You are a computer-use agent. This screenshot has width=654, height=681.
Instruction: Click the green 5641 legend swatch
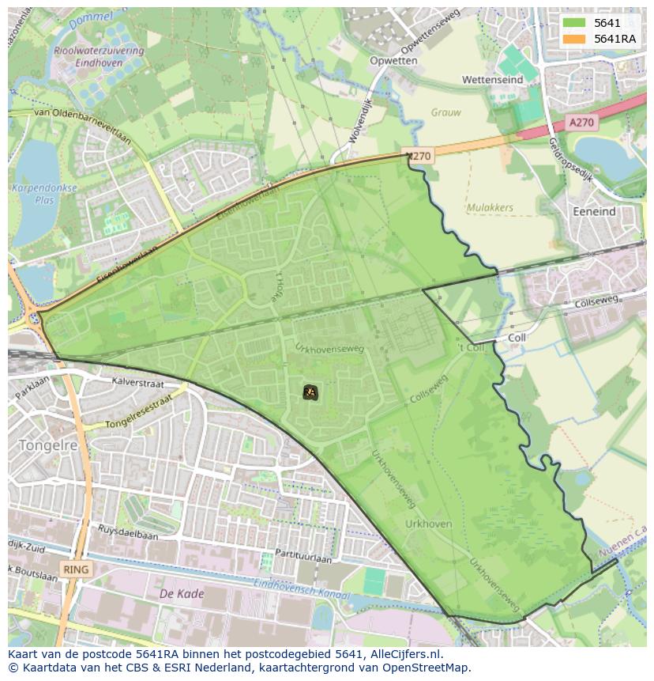pos(573,24)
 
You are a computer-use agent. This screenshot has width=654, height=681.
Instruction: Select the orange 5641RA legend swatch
pos(573,39)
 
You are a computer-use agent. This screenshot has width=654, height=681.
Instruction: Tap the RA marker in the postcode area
pos(310,392)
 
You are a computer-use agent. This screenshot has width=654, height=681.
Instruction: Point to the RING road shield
pos(77,569)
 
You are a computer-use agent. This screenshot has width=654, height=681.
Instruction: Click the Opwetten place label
pos(393,61)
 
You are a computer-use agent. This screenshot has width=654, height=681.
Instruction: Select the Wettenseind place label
pos(492,81)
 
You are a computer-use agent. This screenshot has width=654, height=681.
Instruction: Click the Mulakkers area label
pos(490,208)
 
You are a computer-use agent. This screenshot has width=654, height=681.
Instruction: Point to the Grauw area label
pos(446,112)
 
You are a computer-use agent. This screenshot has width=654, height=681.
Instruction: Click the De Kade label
pos(182,593)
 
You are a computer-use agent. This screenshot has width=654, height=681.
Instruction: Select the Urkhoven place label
pos(428,524)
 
